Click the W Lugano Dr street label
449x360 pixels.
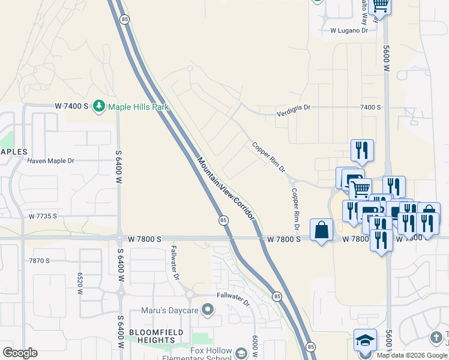[349, 30]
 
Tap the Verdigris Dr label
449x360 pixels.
[294, 107]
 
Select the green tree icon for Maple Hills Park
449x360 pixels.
[99, 106]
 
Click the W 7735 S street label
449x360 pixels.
[43, 215]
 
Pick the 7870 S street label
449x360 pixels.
[39, 261]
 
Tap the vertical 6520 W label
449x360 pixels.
[79, 283]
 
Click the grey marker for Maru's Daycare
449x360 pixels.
[208, 310]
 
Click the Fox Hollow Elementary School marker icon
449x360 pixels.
[241, 353]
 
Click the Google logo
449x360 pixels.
[20, 353]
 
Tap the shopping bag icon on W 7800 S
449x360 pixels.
[322, 230]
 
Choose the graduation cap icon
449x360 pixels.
[365, 340]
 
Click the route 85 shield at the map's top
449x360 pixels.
[124, 19]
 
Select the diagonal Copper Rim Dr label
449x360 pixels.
[268, 157]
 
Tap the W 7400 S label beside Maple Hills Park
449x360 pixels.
[71, 106]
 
